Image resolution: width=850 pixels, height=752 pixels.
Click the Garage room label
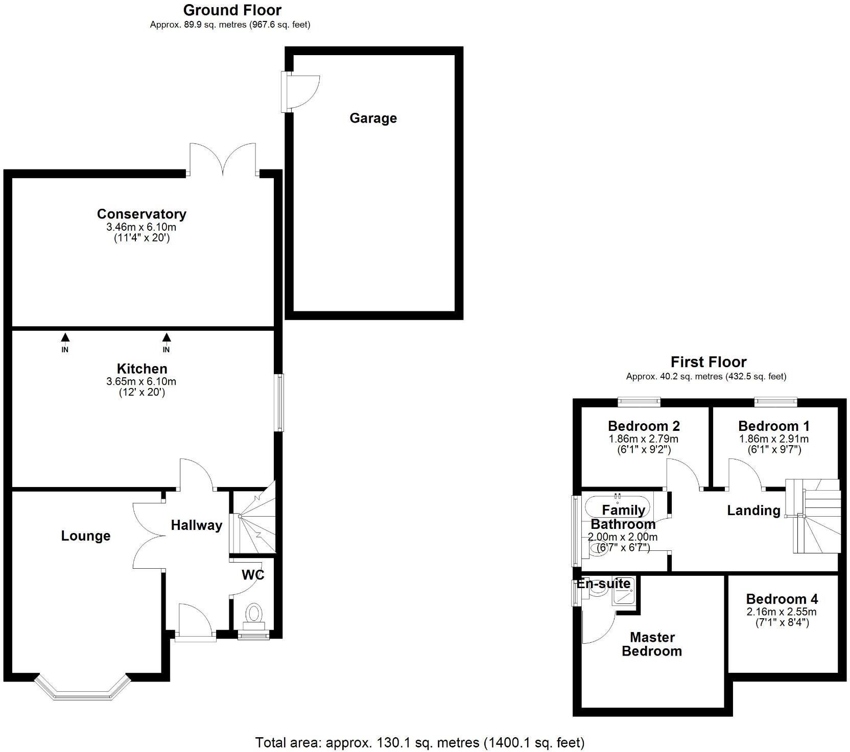coord(373,118)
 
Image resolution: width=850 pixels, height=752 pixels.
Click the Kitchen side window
coord(279,403)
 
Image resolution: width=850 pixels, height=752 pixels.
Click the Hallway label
coord(196,525)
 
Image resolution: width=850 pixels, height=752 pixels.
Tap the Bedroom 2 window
coord(639,402)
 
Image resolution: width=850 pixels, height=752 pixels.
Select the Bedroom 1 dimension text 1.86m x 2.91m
coord(773,439)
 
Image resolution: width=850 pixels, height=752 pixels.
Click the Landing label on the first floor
coord(753,511)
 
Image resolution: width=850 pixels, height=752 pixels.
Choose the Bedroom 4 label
coord(782,599)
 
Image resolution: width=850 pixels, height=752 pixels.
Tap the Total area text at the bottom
coord(419,742)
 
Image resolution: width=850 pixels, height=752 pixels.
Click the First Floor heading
coord(708,362)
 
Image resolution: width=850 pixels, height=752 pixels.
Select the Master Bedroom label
coord(652,644)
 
